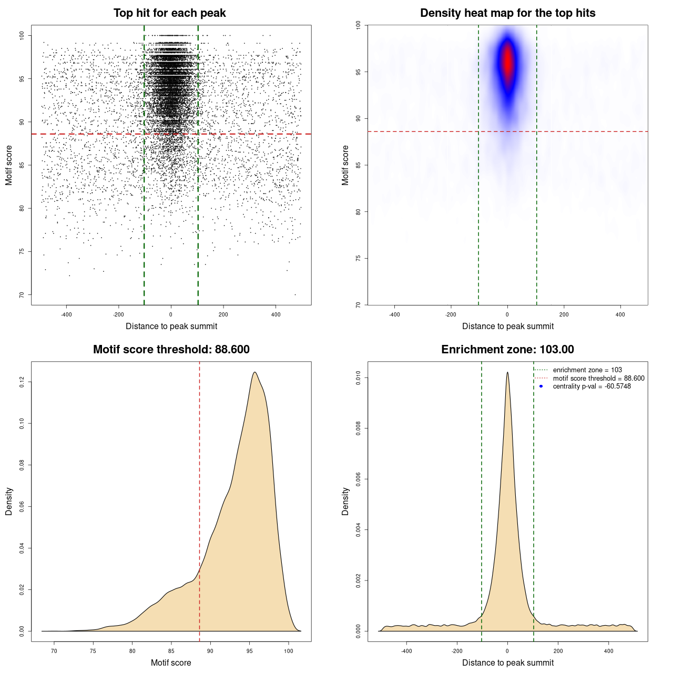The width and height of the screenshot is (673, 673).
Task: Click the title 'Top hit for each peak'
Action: tap(169, 13)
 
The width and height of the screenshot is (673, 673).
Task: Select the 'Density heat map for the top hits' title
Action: tap(507, 13)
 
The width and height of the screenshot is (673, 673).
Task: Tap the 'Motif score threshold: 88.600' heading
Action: tap(171, 350)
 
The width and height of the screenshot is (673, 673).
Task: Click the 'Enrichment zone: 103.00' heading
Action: tap(507, 350)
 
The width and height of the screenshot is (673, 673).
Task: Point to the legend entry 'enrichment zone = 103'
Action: tap(587, 370)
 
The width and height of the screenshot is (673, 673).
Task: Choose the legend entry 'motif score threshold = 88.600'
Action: tap(598, 379)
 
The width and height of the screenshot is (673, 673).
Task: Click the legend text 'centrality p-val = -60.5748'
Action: tap(592, 386)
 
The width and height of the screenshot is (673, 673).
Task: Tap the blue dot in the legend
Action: tap(541, 386)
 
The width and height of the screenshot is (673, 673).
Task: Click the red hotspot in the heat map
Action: tap(507, 62)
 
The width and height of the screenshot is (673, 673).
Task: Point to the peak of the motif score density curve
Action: tap(254, 372)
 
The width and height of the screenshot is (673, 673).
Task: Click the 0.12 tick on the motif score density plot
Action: tap(22, 382)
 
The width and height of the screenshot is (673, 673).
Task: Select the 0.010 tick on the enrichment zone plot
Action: tap(359, 378)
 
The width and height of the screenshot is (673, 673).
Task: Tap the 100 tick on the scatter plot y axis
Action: tap(22, 35)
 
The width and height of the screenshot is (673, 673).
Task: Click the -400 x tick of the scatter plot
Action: tap(66, 314)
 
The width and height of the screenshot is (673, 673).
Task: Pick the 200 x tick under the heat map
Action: tap(564, 314)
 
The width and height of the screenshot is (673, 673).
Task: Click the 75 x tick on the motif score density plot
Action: tap(93, 651)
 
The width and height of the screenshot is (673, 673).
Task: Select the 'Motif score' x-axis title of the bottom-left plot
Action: tap(171, 662)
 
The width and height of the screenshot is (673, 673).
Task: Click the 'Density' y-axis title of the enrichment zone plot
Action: tap(345, 501)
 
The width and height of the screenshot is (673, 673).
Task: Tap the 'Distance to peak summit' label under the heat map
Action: tap(507, 326)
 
